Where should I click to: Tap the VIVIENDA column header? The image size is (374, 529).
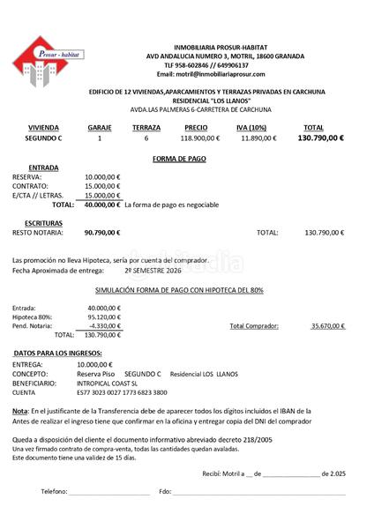click(43, 128)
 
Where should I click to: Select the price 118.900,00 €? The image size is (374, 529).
click(200, 138)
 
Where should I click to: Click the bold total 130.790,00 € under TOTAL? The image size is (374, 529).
click(320, 138)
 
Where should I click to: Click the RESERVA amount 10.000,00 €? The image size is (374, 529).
click(102, 176)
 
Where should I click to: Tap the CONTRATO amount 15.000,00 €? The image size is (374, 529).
click(102, 186)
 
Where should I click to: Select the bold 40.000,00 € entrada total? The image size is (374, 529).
click(102, 205)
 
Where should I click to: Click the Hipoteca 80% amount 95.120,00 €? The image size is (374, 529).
click(104, 317)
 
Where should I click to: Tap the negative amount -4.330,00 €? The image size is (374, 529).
click(106, 325)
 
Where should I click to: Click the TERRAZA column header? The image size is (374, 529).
click(146, 128)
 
